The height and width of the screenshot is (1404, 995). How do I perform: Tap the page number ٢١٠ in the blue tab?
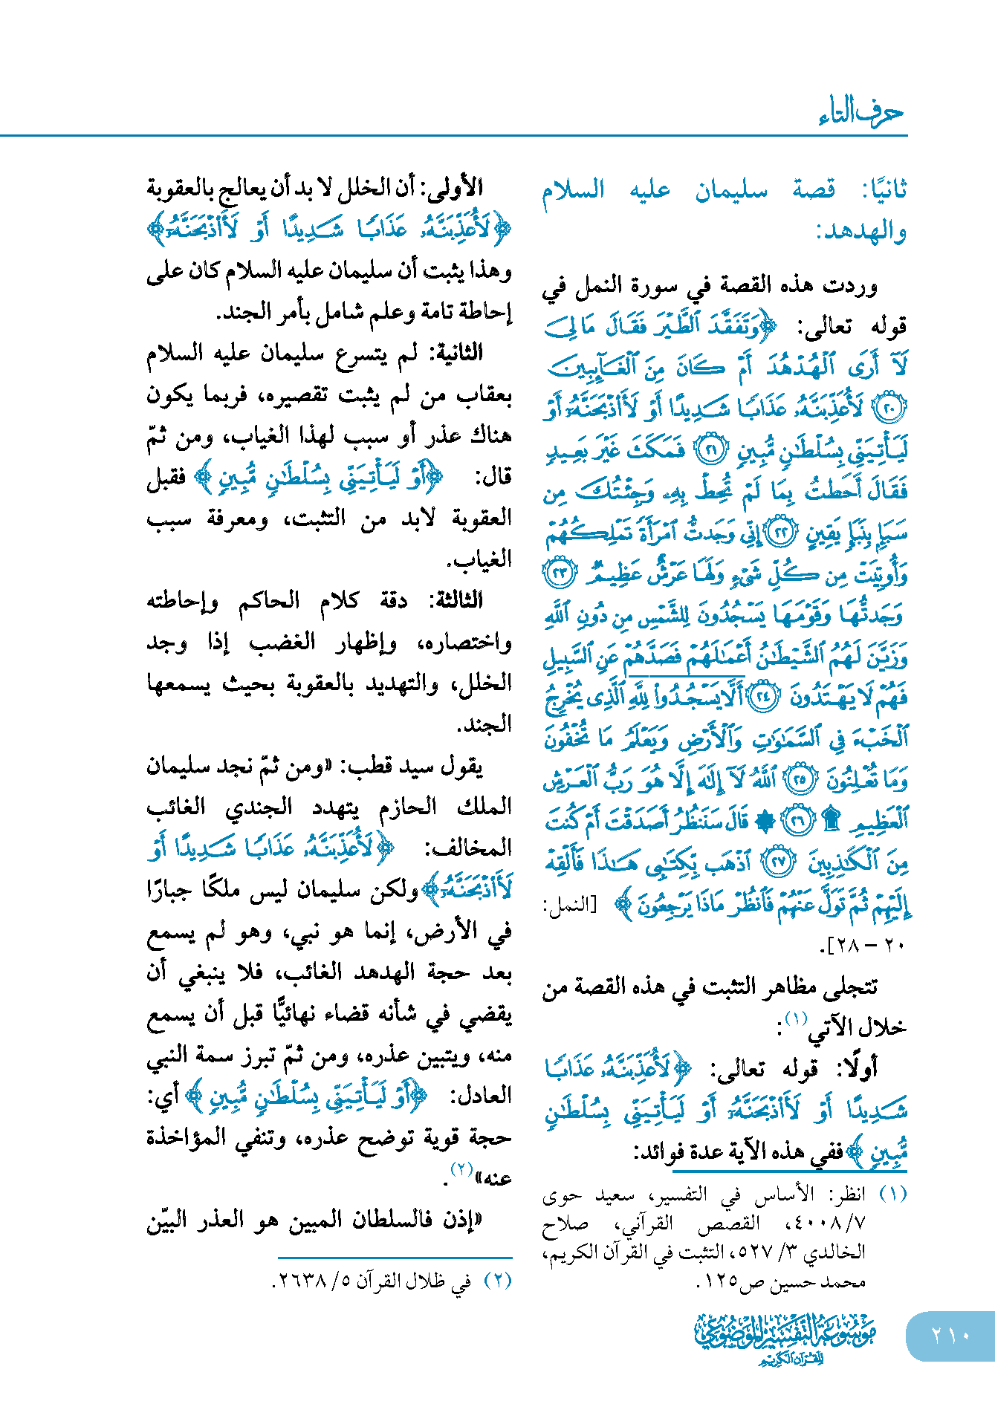(950, 1335)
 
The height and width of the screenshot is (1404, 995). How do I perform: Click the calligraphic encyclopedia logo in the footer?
(785, 1338)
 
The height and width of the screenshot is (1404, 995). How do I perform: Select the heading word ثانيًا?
(884, 190)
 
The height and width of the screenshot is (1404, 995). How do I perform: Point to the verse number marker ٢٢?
(782, 533)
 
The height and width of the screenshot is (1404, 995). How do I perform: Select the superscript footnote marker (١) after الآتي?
(796, 1018)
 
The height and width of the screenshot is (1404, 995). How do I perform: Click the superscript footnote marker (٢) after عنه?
(462, 1169)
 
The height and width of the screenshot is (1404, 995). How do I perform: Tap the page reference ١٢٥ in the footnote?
(722, 1281)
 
